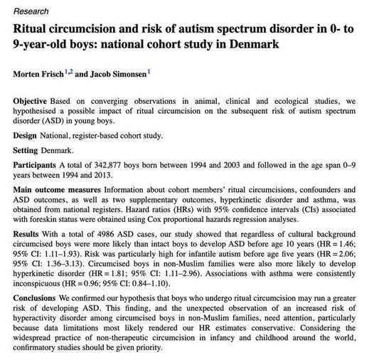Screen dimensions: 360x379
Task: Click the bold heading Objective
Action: pos(33,102)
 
